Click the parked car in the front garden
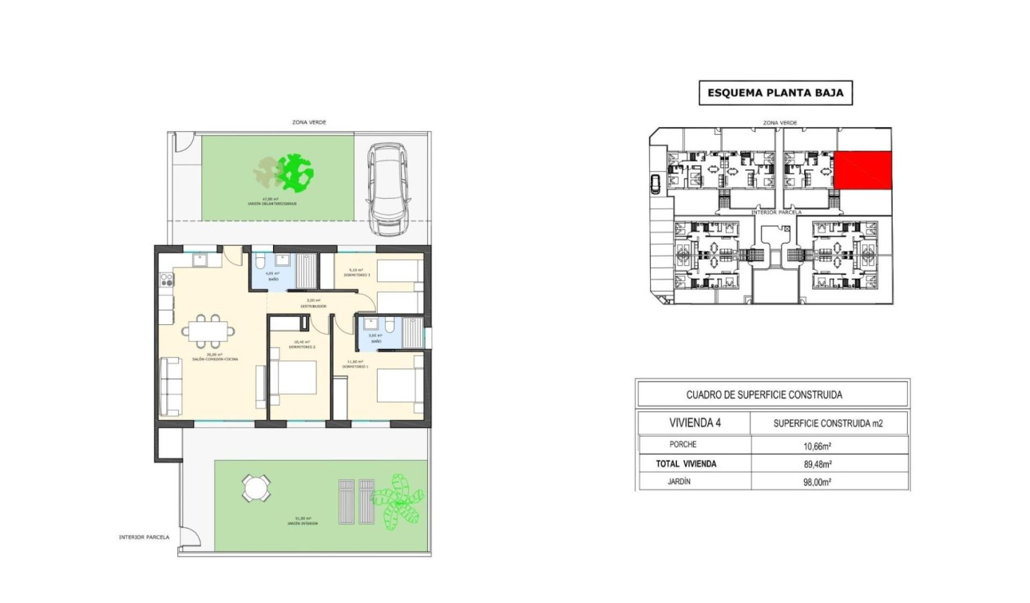389,189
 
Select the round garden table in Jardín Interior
256,488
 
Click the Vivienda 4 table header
694,423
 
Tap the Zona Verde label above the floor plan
309,122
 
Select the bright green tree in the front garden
298,171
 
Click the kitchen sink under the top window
200,259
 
